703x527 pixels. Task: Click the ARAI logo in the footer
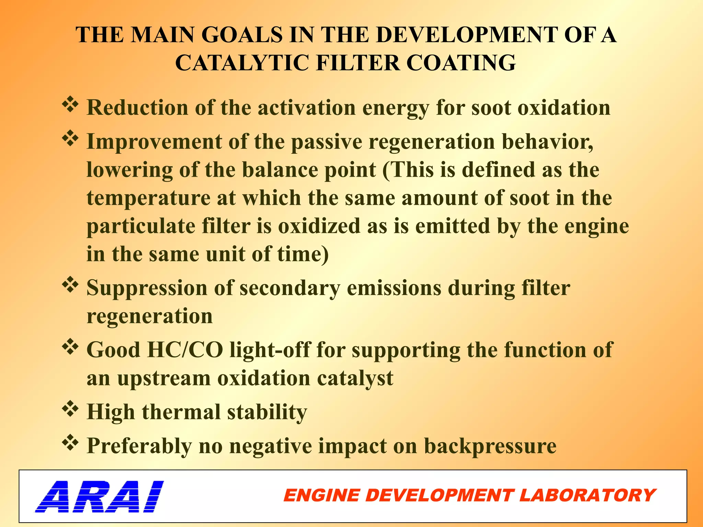coord(99,496)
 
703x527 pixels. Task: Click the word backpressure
coord(490,446)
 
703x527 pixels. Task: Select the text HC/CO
coord(185,350)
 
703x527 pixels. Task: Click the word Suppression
coord(147,288)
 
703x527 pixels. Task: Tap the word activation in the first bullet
coord(307,108)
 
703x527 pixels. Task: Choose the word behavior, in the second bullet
coord(548,141)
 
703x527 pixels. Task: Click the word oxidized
coord(319,226)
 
